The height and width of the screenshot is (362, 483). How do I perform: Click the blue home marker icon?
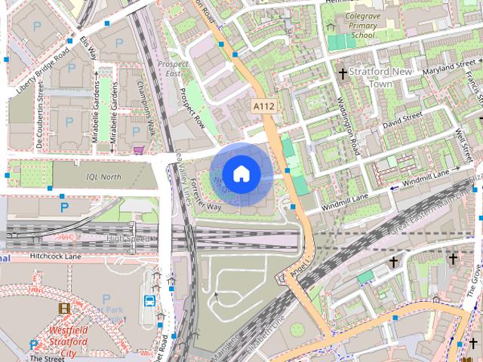(x=241, y=174)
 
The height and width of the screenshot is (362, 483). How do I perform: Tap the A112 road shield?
(x=263, y=106)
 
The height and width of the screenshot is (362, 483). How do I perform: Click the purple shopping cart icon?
(x=139, y=150)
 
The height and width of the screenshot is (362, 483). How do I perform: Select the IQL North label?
(x=103, y=176)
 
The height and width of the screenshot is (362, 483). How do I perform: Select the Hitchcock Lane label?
(x=55, y=256)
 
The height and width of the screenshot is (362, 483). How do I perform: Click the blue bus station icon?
(x=149, y=301)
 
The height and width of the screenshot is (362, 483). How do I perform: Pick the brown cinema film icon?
(x=65, y=308)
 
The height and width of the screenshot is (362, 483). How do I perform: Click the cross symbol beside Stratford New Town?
(x=343, y=74)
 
